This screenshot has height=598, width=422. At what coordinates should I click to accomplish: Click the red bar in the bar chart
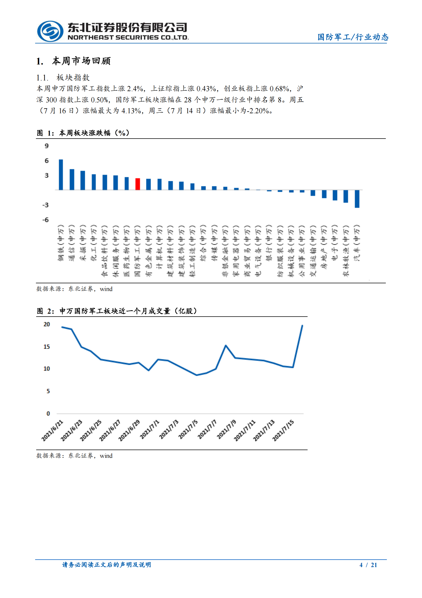(138, 184)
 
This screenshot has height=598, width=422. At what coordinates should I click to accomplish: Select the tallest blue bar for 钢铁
(61, 175)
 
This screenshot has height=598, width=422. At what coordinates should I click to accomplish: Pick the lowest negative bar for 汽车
(357, 199)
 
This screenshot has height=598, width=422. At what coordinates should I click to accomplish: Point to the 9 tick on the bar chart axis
(47, 146)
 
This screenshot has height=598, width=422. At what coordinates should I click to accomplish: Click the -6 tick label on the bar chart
(46, 220)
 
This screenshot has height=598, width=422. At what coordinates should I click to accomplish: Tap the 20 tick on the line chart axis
(47, 324)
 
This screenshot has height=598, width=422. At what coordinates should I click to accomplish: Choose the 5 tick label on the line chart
(48, 391)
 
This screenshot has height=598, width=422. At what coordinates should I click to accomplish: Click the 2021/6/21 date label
(52, 430)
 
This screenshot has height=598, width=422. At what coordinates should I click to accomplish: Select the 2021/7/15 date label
(283, 430)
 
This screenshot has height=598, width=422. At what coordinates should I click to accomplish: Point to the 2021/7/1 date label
(150, 429)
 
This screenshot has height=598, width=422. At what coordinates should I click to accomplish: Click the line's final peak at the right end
(302, 326)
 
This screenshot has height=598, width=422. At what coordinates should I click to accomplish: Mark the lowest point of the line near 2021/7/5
(197, 375)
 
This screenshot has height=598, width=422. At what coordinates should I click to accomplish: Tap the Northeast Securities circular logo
(50, 31)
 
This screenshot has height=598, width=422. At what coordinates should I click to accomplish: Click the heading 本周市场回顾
(81, 61)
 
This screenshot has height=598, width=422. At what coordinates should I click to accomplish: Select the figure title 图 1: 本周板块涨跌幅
(83, 133)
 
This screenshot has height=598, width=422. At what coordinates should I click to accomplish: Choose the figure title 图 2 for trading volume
(117, 311)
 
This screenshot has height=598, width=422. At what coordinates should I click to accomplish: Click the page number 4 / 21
(368, 565)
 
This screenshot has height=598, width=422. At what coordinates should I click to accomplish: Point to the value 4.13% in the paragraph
(131, 111)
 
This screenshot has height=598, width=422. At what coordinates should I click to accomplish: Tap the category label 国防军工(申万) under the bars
(138, 250)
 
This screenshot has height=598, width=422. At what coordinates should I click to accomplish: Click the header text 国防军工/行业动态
(353, 37)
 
